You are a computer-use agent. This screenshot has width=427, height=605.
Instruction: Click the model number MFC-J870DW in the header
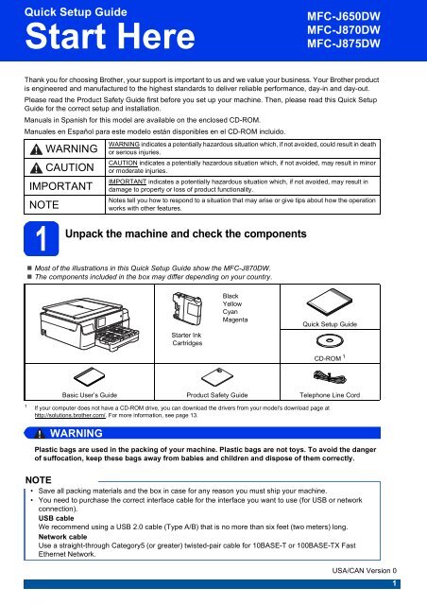point(344,29)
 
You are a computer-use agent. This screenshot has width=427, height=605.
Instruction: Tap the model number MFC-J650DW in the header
point(344,16)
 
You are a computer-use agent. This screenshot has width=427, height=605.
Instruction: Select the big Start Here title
point(110,36)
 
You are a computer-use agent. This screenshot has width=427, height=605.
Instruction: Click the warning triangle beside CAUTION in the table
point(36,168)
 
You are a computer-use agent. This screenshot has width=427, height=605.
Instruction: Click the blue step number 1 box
point(42,238)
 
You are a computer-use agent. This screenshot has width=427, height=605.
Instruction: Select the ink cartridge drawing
point(187,309)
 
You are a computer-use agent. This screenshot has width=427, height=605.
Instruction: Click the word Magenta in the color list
point(235,320)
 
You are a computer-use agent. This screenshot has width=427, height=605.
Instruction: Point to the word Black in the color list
point(231,296)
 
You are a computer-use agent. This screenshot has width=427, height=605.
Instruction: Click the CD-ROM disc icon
point(330,340)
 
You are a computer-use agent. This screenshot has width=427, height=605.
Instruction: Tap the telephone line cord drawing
point(330,377)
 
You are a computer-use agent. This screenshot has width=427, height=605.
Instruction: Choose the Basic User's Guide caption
point(90,395)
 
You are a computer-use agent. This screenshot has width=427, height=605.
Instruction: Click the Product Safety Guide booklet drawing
point(217,377)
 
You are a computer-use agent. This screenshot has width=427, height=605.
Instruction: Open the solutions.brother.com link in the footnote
point(70,415)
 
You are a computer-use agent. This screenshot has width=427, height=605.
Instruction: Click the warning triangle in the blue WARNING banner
point(40,434)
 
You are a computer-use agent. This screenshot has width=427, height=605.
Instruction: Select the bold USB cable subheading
point(56,518)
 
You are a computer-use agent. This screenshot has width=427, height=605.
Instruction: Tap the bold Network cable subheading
point(62,537)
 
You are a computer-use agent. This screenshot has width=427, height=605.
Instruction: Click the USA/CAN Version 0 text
point(364,570)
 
